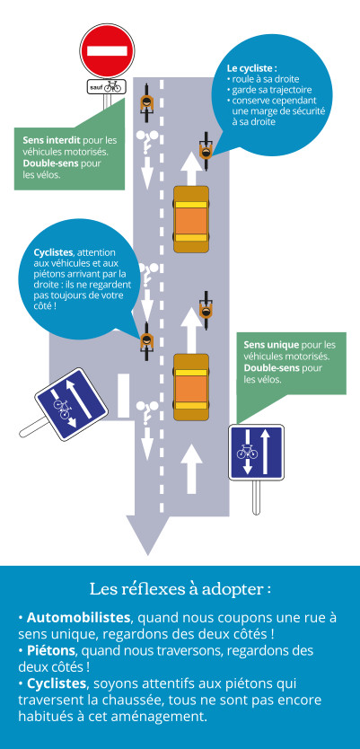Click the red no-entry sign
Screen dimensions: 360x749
108,50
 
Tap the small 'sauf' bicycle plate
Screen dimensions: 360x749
107,87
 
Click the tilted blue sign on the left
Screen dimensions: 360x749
71,403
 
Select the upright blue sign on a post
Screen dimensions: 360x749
256,453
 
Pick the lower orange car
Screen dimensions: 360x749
191,387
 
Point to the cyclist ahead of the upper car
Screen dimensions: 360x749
206,151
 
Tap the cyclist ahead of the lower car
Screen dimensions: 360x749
206,311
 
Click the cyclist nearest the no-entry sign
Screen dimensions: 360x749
146,104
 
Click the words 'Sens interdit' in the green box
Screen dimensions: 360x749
52,140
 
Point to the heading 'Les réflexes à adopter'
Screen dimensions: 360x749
180,589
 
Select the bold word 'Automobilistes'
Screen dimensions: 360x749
78,617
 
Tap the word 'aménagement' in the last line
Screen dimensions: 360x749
163,717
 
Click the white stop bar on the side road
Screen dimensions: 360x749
124,394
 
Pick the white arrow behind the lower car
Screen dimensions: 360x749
191,469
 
